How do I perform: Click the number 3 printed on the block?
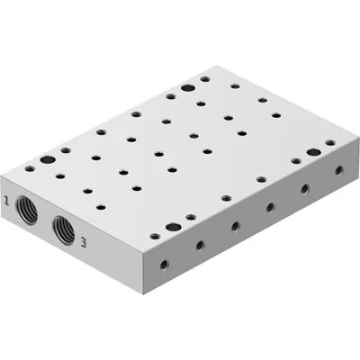coord(83,241)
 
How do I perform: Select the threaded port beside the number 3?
coord(63,230)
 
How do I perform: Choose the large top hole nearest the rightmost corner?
coord(313,155)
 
